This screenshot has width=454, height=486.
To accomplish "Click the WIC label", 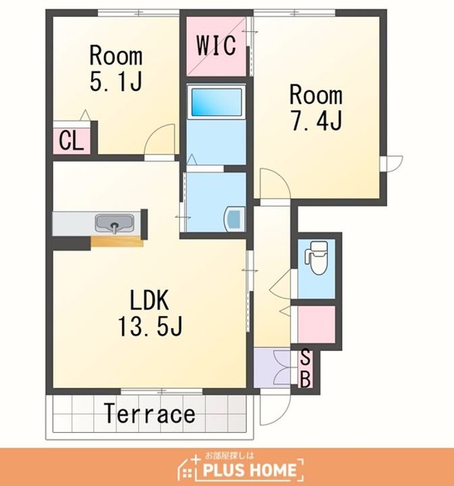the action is point(217,46).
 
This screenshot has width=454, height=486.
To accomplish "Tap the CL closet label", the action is point(72,140).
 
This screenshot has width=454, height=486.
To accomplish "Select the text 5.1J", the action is point(116,81).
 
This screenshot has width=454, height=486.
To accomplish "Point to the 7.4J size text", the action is point(316,120).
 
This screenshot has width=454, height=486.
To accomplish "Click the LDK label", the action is point(150,300).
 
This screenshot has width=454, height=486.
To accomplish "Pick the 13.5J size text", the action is point(150,326).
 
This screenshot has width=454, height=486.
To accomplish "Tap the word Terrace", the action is point(150,414).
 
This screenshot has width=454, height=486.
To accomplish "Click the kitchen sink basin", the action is point(115,223).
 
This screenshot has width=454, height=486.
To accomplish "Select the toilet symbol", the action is point(316,258).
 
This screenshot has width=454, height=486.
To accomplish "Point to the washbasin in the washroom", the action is point(235,219).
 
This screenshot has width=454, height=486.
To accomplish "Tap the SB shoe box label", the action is point(306,369).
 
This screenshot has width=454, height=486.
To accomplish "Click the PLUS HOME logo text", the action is point(250,470).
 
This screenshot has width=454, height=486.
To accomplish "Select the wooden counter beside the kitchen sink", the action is point(117,242).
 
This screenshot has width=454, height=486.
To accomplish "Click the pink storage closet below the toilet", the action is point(316,325).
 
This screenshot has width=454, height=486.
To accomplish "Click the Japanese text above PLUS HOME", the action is point(229,456).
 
